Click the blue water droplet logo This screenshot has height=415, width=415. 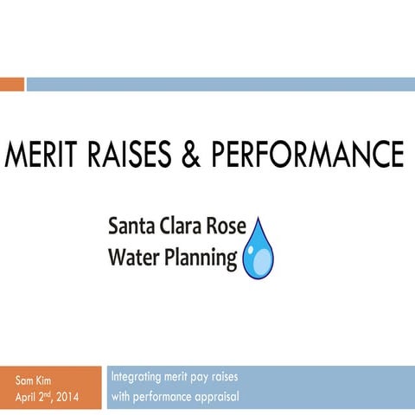[257, 252]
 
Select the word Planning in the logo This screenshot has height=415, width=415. [198, 258]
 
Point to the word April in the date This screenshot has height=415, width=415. [29, 398]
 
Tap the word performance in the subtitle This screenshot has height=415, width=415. [164, 398]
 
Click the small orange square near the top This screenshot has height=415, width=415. [11, 84]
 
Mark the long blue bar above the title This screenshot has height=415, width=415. [220, 84]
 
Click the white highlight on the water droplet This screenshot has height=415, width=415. [252, 258]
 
